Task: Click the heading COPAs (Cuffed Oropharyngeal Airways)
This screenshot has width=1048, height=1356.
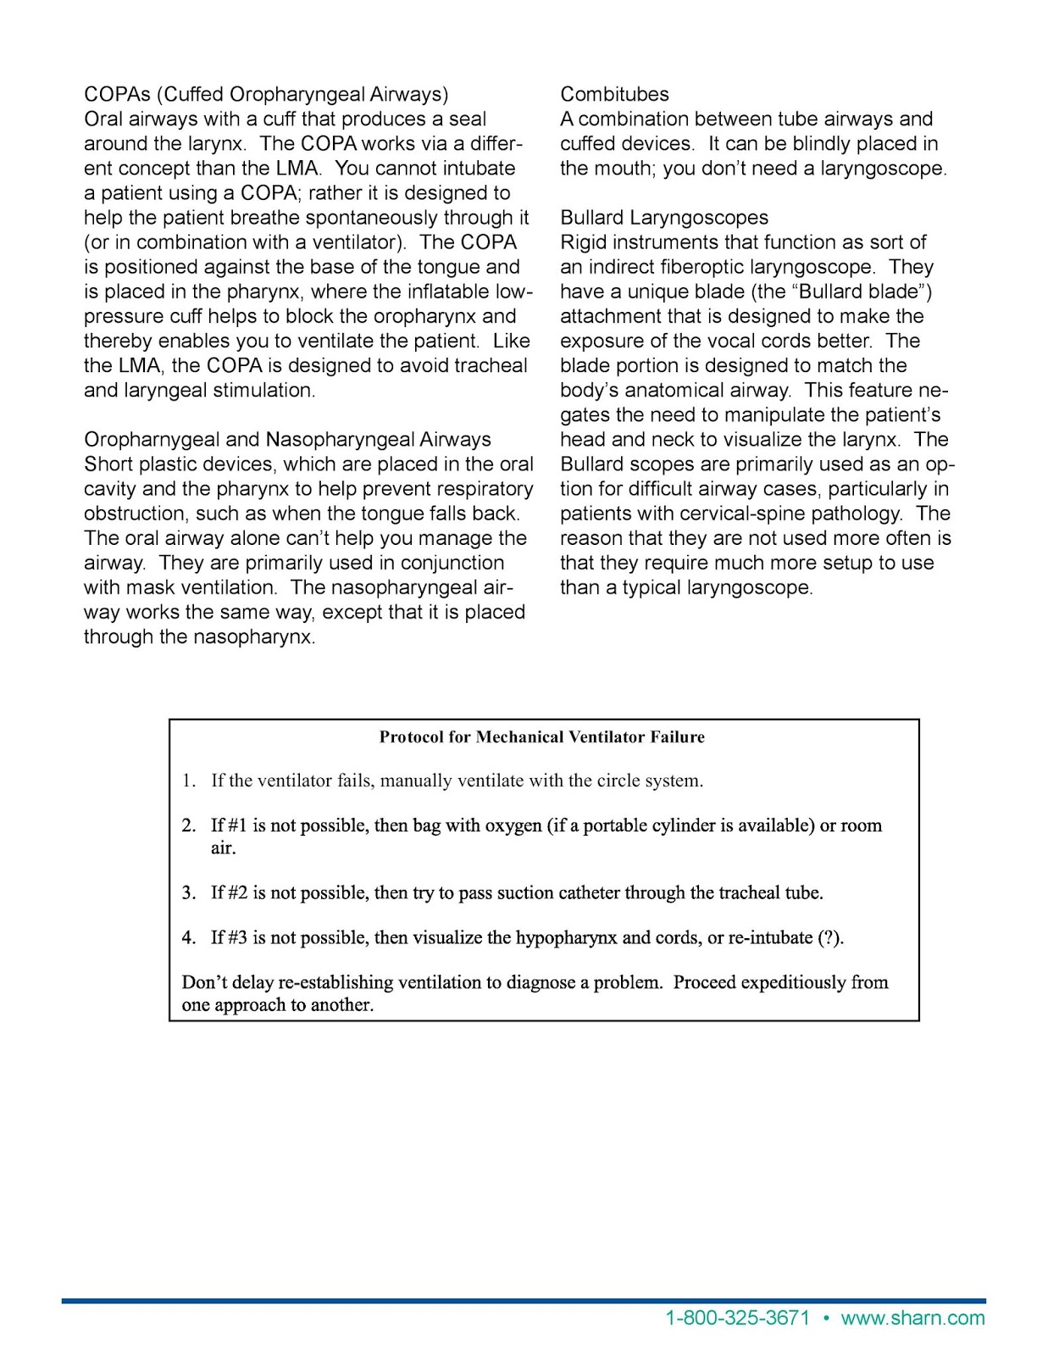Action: click(266, 94)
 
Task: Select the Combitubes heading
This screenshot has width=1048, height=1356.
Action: click(614, 94)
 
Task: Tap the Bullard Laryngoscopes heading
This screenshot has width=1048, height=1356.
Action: click(664, 218)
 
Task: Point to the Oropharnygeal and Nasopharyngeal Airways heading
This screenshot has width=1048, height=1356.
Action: click(287, 439)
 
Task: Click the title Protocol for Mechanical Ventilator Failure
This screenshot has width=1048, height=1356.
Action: click(542, 737)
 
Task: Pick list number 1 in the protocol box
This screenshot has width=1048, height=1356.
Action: click(188, 781)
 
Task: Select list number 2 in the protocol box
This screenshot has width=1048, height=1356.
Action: click(188, 825)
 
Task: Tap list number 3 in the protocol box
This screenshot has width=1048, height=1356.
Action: click(188, 892)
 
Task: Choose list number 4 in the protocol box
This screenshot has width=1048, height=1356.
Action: click(188, 937)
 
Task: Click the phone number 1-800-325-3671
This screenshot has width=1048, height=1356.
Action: click(737, 1318)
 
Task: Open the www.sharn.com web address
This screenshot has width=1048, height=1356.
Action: click(912, 1318)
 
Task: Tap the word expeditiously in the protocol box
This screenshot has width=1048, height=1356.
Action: click(785, 982)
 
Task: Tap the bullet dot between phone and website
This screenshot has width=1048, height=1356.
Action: click(826, 1318)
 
